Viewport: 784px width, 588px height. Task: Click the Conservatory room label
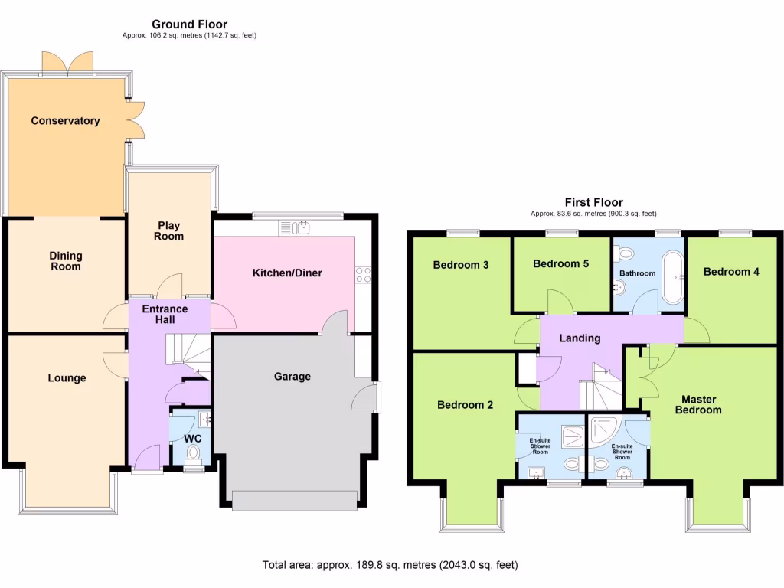pyautogui.click(x=65, y=121)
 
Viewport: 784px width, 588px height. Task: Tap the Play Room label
pyautogui.click(x=168, y=230)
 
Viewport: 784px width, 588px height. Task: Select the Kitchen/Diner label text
pyautogui.click(x=287, y=273)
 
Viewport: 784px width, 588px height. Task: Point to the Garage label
pyautogui.click(x=292, y=376)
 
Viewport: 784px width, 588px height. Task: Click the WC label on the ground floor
pyautogui.click(x=193, y=438)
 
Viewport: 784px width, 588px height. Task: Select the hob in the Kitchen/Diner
pyautogui.click(x=363, y=272)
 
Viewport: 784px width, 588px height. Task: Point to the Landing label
pyautogui.click(x=579, y=338)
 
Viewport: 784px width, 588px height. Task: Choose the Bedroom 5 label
pyautogui.click(x=560, y=264)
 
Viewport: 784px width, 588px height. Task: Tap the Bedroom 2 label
pyautogui.click(x=465, y=405)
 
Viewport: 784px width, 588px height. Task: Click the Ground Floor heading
pyautogui.click(x=189, y=24)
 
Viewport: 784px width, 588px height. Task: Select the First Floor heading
pyautogui.click(x=593, y=202)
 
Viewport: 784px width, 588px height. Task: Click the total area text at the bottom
pyautogui.click(x=390, y=565)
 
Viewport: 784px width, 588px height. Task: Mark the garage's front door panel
pyautogui.click(x=295, y=500)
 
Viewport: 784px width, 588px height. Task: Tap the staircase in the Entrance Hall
pyautogui.click(x=186, y=351)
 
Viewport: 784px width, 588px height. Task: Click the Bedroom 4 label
pyautogui.click(x=731, y=271)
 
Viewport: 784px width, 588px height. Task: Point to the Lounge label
pyautogui.click(x=67, y=378)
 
